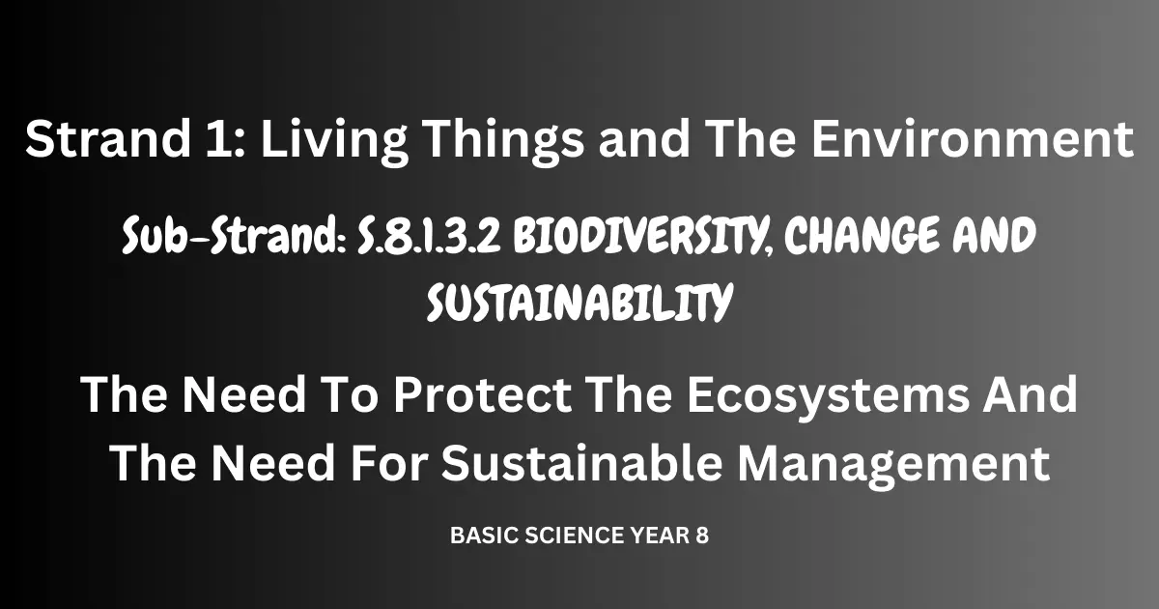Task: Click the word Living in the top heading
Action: [x=334, y=141]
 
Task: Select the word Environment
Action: [x=973, y=138]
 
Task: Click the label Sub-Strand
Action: [x=234, y=235]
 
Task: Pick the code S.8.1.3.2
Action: [x=430, y=236]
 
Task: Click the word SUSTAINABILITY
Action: [x=579, y=303]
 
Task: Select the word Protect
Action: [x=482, y=395]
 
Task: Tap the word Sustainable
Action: [x=581, y=462]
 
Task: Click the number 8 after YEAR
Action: [x=701, y=536]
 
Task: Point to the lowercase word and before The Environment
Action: [x=645, y=138]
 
